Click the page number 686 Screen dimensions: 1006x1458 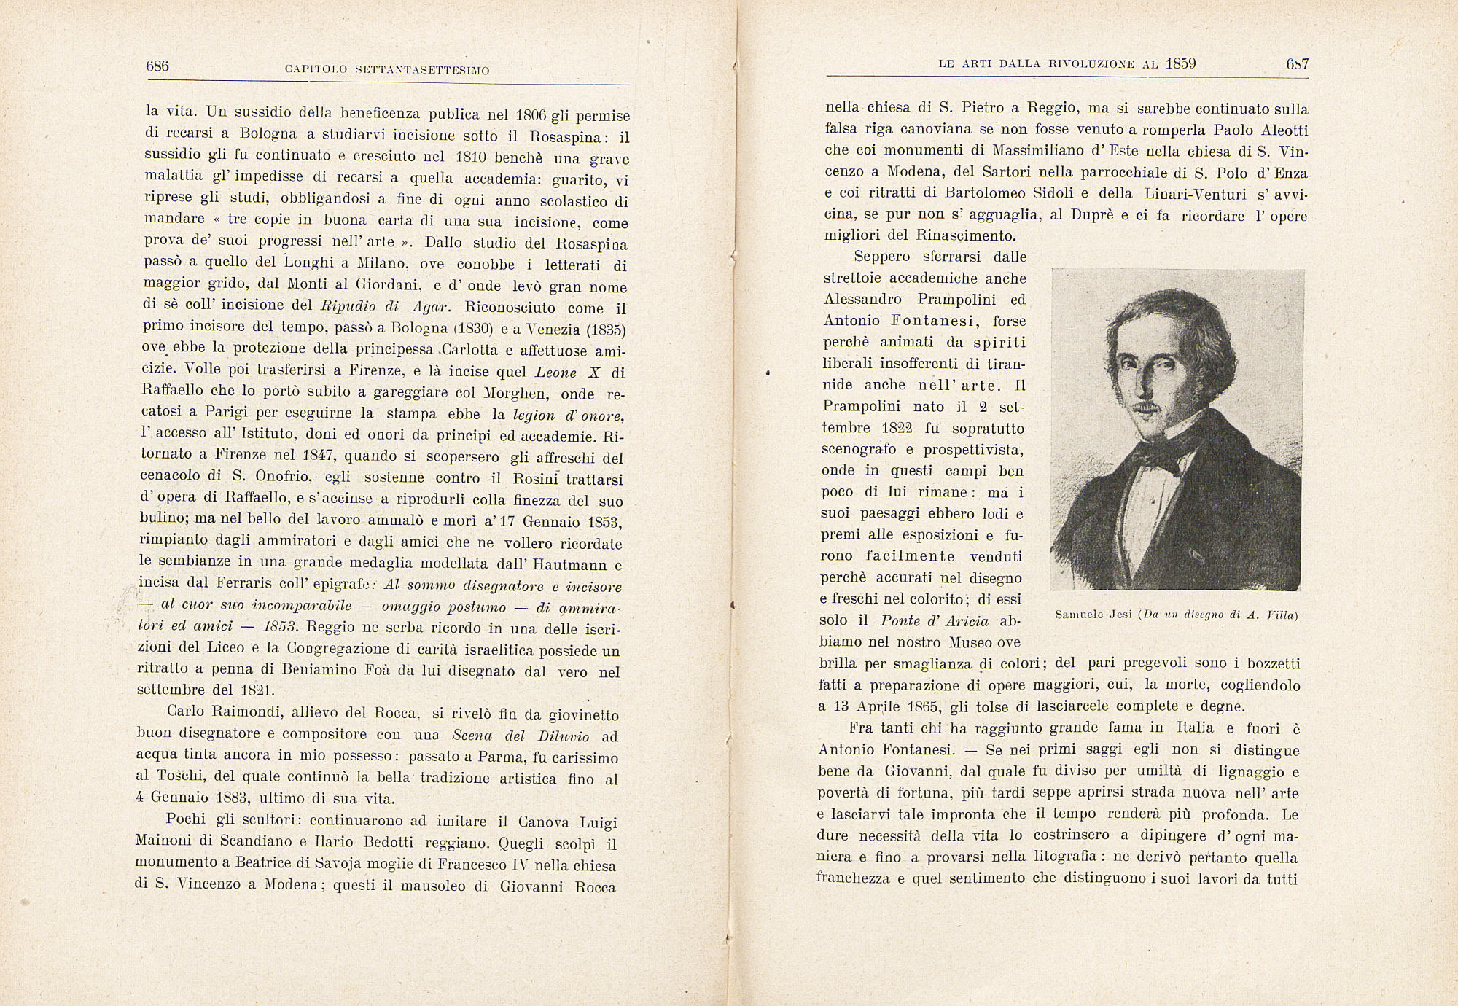click(157, 66)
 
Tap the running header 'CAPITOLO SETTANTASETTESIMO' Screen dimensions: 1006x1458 click(386, 70)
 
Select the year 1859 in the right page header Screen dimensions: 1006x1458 click(1181, 63)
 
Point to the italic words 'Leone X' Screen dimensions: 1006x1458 click(567, 372)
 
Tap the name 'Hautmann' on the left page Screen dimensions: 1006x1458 click(569, 565)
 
